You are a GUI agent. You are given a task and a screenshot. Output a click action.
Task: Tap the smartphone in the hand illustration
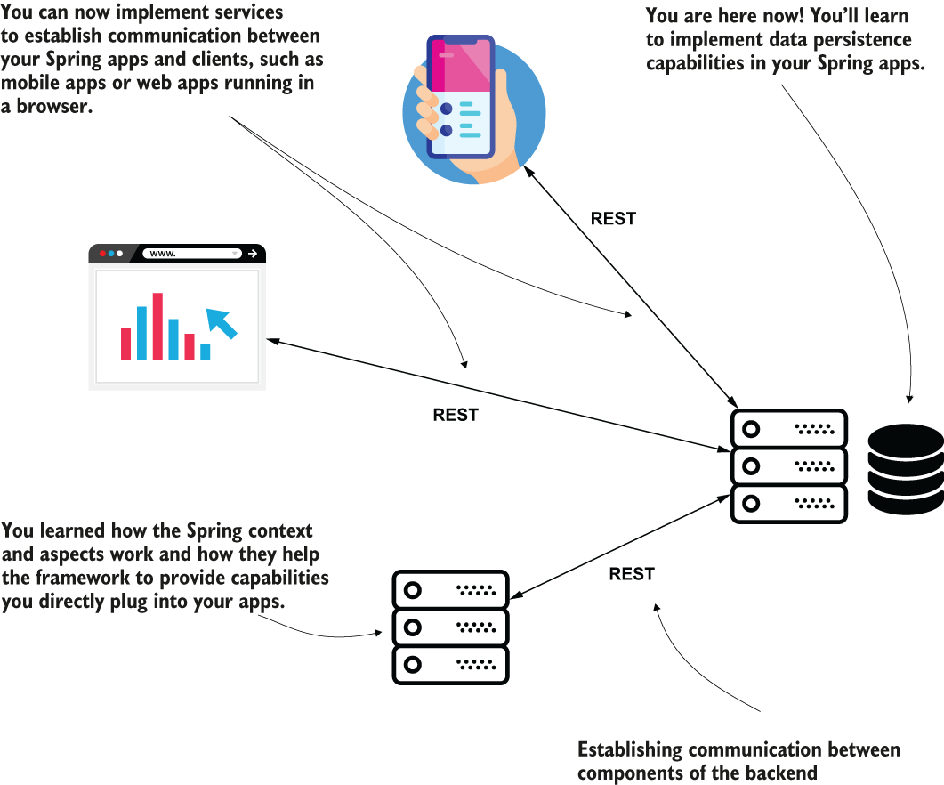click(461, 97)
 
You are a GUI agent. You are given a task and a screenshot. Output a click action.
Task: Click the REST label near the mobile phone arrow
click(613, 219)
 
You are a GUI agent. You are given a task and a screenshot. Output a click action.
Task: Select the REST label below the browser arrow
click(456, 415)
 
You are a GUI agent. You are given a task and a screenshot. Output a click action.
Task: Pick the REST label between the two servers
click(632, 574)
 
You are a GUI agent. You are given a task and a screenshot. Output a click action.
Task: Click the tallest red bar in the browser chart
click(157, 327)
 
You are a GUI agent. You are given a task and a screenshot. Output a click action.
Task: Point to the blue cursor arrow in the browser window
click(221, 323)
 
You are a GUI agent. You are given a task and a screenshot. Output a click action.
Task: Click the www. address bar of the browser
click(192, 254)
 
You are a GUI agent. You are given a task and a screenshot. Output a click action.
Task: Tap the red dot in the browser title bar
click(102, 254)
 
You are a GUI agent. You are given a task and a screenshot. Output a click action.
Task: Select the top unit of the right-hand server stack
click(788, 429)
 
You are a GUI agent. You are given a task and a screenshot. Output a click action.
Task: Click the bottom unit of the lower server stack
click(450, 665)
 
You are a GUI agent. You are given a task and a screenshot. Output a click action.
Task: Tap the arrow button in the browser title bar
click(253, 254)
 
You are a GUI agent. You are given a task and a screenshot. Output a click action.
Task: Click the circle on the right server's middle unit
click(751, 466)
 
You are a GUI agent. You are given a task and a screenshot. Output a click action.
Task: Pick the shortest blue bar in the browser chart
click(206, 352)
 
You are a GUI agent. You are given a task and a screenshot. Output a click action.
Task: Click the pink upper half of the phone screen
click(461, 66)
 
